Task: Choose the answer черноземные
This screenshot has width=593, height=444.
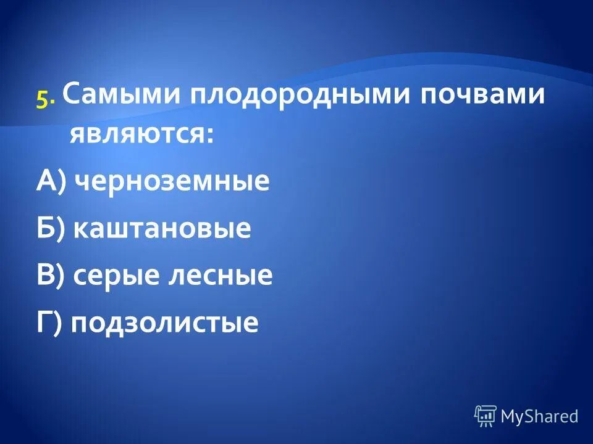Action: [172, 181]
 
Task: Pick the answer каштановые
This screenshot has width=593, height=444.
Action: [162, 228]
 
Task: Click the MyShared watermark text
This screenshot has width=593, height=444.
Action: [539, 416]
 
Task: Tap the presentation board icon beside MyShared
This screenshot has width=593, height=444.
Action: [485, 416]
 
